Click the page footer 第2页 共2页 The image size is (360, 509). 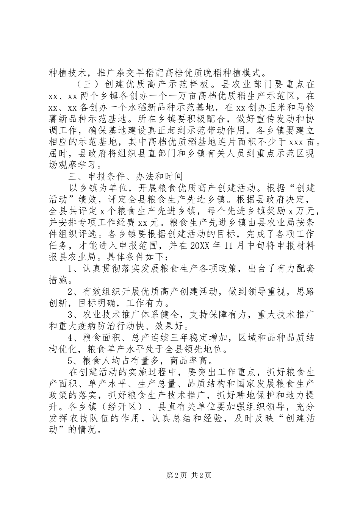click(x=179, y=486)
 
